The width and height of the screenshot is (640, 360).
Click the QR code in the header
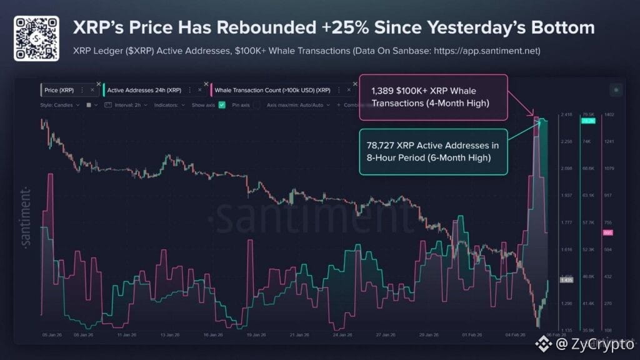pos(36,37)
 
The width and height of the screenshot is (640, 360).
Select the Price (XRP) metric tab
pos(59,90)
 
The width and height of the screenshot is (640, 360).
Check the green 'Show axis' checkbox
pos(222,105)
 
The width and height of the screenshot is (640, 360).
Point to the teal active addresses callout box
pos(432,152)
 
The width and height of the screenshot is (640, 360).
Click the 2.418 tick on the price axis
pos(566,115)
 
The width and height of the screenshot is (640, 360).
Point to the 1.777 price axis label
pos(566,222)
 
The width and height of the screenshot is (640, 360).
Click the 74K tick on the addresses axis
pos(587,142)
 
